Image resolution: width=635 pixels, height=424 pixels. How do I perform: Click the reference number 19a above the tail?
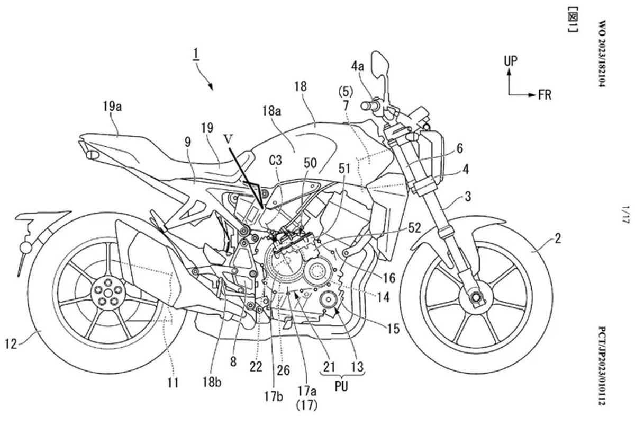pos(112,108)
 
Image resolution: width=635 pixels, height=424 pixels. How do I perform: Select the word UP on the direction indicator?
pos(511,61)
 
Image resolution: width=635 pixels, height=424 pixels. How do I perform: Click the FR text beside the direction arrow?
pos(545,95)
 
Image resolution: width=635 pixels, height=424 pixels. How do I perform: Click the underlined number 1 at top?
pos(197,55)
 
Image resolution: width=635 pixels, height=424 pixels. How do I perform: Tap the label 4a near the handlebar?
pos(373,68)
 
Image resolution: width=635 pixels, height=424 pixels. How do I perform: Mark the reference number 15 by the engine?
pos(393,329)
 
